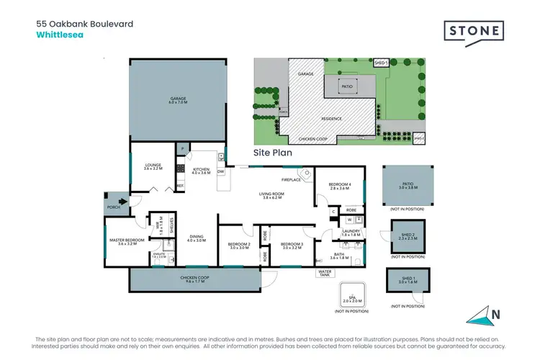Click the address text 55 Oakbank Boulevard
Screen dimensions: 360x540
point(84,24)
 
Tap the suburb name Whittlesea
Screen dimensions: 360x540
point(60,34)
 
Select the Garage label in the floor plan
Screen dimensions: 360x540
point(177,100)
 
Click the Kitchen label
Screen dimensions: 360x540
point(201,171)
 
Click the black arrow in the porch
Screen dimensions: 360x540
point(124,203)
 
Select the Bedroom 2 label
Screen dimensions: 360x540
point(240,246)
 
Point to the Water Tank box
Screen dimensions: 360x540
point(325,273)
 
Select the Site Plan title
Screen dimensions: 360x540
point(272,153)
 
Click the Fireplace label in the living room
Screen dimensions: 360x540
point(290,179)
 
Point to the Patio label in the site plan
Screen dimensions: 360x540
point(347,86)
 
